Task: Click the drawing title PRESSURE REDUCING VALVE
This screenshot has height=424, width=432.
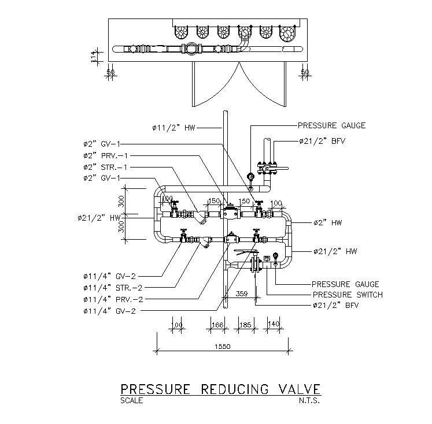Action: (219, 388)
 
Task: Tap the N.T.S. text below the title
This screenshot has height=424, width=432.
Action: (309, 400)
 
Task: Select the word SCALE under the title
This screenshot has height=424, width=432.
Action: (132, 400)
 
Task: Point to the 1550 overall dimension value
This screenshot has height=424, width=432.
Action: (222, 347)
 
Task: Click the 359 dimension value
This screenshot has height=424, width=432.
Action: (242, 293)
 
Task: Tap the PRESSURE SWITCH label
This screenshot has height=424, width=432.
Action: (347, 295)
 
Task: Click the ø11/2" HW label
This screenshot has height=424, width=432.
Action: (173, 128)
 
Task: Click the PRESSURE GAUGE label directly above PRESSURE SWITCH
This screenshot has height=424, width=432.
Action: (345, 284)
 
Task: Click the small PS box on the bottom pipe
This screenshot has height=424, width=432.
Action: (267, 258)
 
